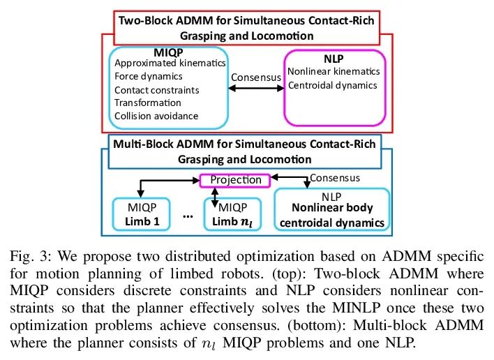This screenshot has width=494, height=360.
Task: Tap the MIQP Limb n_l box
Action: tap(232, 213)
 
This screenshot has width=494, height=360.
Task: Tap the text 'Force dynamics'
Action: tap(149, 77)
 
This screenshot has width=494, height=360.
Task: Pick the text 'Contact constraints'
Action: tap(157, 90)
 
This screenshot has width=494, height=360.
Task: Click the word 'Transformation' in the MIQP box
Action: tap(147, 103)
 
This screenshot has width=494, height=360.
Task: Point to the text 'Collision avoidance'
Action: tap(156, 116)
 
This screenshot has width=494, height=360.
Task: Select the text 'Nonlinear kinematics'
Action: tap(334, 71)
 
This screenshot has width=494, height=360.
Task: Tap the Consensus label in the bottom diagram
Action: tap(335, 177)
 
